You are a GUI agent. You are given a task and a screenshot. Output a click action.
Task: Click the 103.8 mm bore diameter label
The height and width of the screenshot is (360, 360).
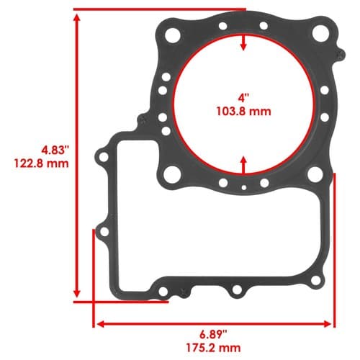[244, 112]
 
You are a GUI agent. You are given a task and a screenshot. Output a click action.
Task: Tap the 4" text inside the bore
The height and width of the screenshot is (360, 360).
[244, 98]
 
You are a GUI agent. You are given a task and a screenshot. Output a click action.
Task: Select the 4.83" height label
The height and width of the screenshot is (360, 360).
[55, 150]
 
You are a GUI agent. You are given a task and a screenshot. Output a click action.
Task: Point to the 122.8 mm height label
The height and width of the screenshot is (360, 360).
[41, 163]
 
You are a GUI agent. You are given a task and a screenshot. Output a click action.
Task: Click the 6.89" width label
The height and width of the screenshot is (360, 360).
[213, 334]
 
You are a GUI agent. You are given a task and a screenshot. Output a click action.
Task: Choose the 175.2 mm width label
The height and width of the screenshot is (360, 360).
[213, 348]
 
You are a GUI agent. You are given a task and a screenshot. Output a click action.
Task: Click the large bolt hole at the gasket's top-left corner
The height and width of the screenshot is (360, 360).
[173, 35]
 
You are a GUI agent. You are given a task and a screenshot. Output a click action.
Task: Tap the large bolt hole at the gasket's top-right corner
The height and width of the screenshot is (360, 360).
[320, 32]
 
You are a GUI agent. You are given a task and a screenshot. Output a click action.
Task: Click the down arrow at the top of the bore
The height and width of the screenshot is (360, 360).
[243, 42]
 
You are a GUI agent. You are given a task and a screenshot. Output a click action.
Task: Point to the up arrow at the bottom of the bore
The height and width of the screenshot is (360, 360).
[243, 165]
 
